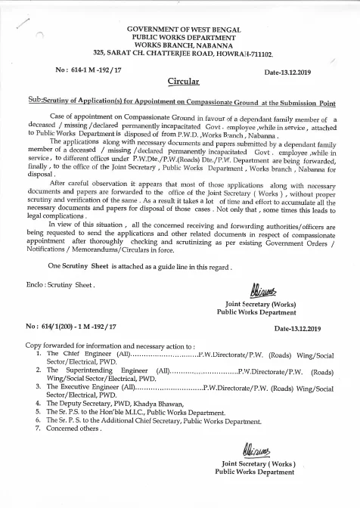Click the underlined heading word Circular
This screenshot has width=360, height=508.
(x=182, y=79)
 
